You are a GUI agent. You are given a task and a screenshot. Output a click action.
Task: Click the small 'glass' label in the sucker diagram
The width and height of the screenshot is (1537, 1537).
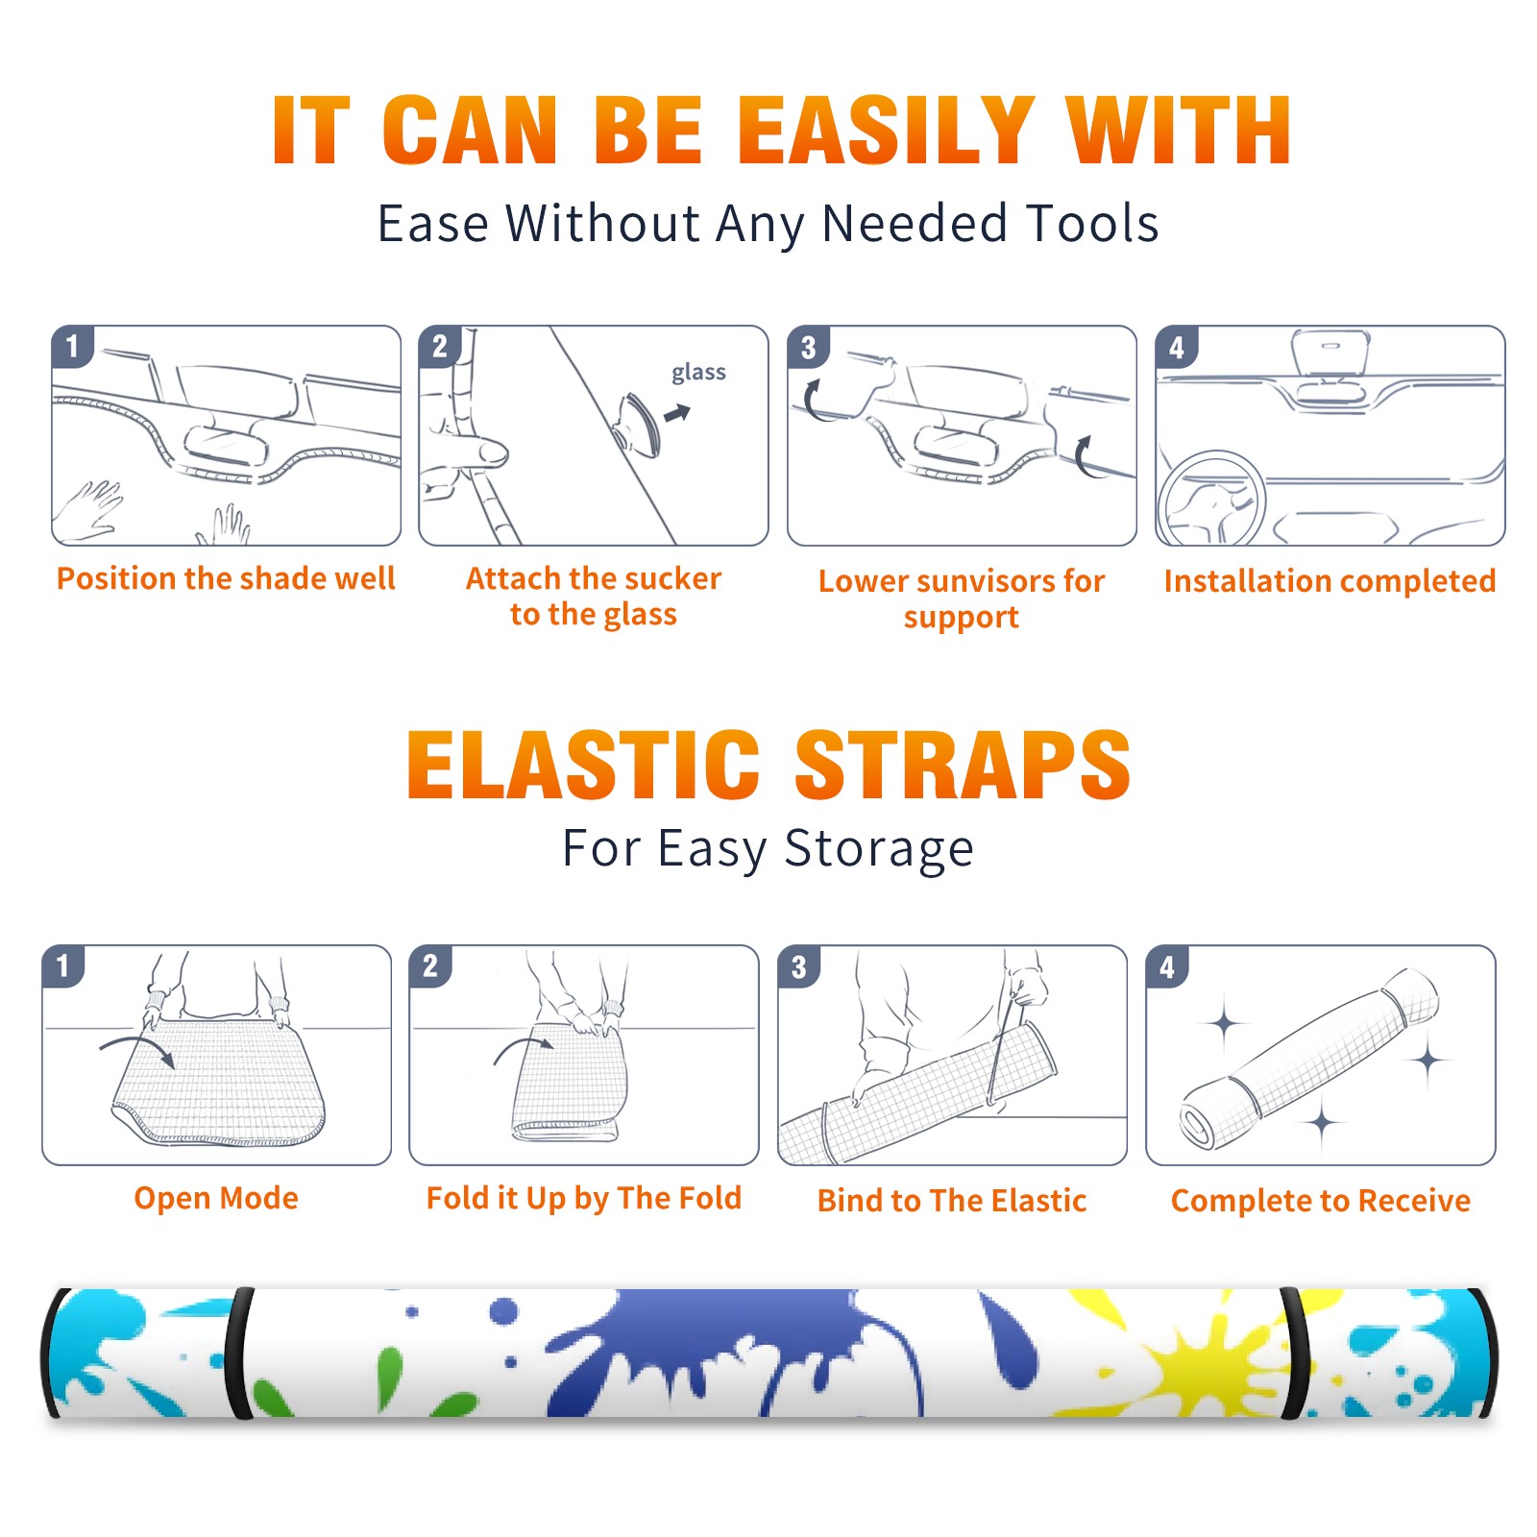[698, 373]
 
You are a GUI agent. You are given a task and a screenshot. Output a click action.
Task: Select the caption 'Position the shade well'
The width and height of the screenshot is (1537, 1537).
[226, 578]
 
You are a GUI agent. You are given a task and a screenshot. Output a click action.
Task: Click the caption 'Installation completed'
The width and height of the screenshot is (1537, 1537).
[1330, 581]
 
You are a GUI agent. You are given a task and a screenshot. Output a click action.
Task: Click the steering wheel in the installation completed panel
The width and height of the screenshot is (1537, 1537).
[1211, 499]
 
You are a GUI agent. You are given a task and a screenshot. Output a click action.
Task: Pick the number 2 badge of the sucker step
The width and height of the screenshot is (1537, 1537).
[440, 346]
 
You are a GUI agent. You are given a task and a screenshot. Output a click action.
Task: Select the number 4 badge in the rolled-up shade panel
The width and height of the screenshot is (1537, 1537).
[1167, 966]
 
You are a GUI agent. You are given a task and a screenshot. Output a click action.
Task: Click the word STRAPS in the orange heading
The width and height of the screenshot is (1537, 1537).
[963, 765]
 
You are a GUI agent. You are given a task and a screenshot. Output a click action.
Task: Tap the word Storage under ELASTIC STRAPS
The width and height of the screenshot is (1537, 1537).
[879, 849]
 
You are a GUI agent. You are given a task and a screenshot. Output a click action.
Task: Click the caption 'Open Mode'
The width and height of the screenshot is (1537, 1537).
[216, 1198]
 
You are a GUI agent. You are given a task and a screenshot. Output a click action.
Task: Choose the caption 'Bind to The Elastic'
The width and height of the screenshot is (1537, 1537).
[952, 1201]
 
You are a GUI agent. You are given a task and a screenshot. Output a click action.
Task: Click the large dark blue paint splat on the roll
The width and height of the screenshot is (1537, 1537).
[740, 1350]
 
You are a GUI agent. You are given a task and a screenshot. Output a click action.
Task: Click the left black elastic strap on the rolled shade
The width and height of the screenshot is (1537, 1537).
[238, 1354]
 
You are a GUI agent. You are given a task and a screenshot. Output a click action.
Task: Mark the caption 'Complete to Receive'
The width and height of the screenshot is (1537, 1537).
[1321, 1201]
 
